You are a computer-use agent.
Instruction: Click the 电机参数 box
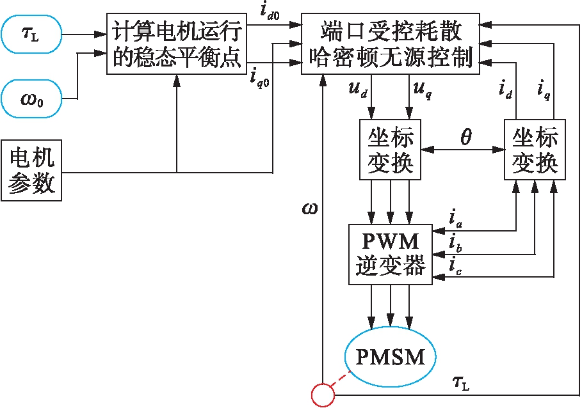tap(31, 168)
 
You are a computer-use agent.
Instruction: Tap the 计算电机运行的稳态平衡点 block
tap(177, 43)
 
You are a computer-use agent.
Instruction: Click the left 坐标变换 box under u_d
tap(391, 150)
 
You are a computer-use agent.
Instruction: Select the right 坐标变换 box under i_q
tap(535, 150)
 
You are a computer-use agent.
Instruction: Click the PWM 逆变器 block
tap(391, 254)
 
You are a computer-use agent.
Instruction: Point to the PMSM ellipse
tap(391, 356)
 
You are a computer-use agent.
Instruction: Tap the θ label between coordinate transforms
tap(465, 137)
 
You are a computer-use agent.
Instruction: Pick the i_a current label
tap(454, 222)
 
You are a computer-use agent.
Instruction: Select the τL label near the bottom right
tap(460, 383)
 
